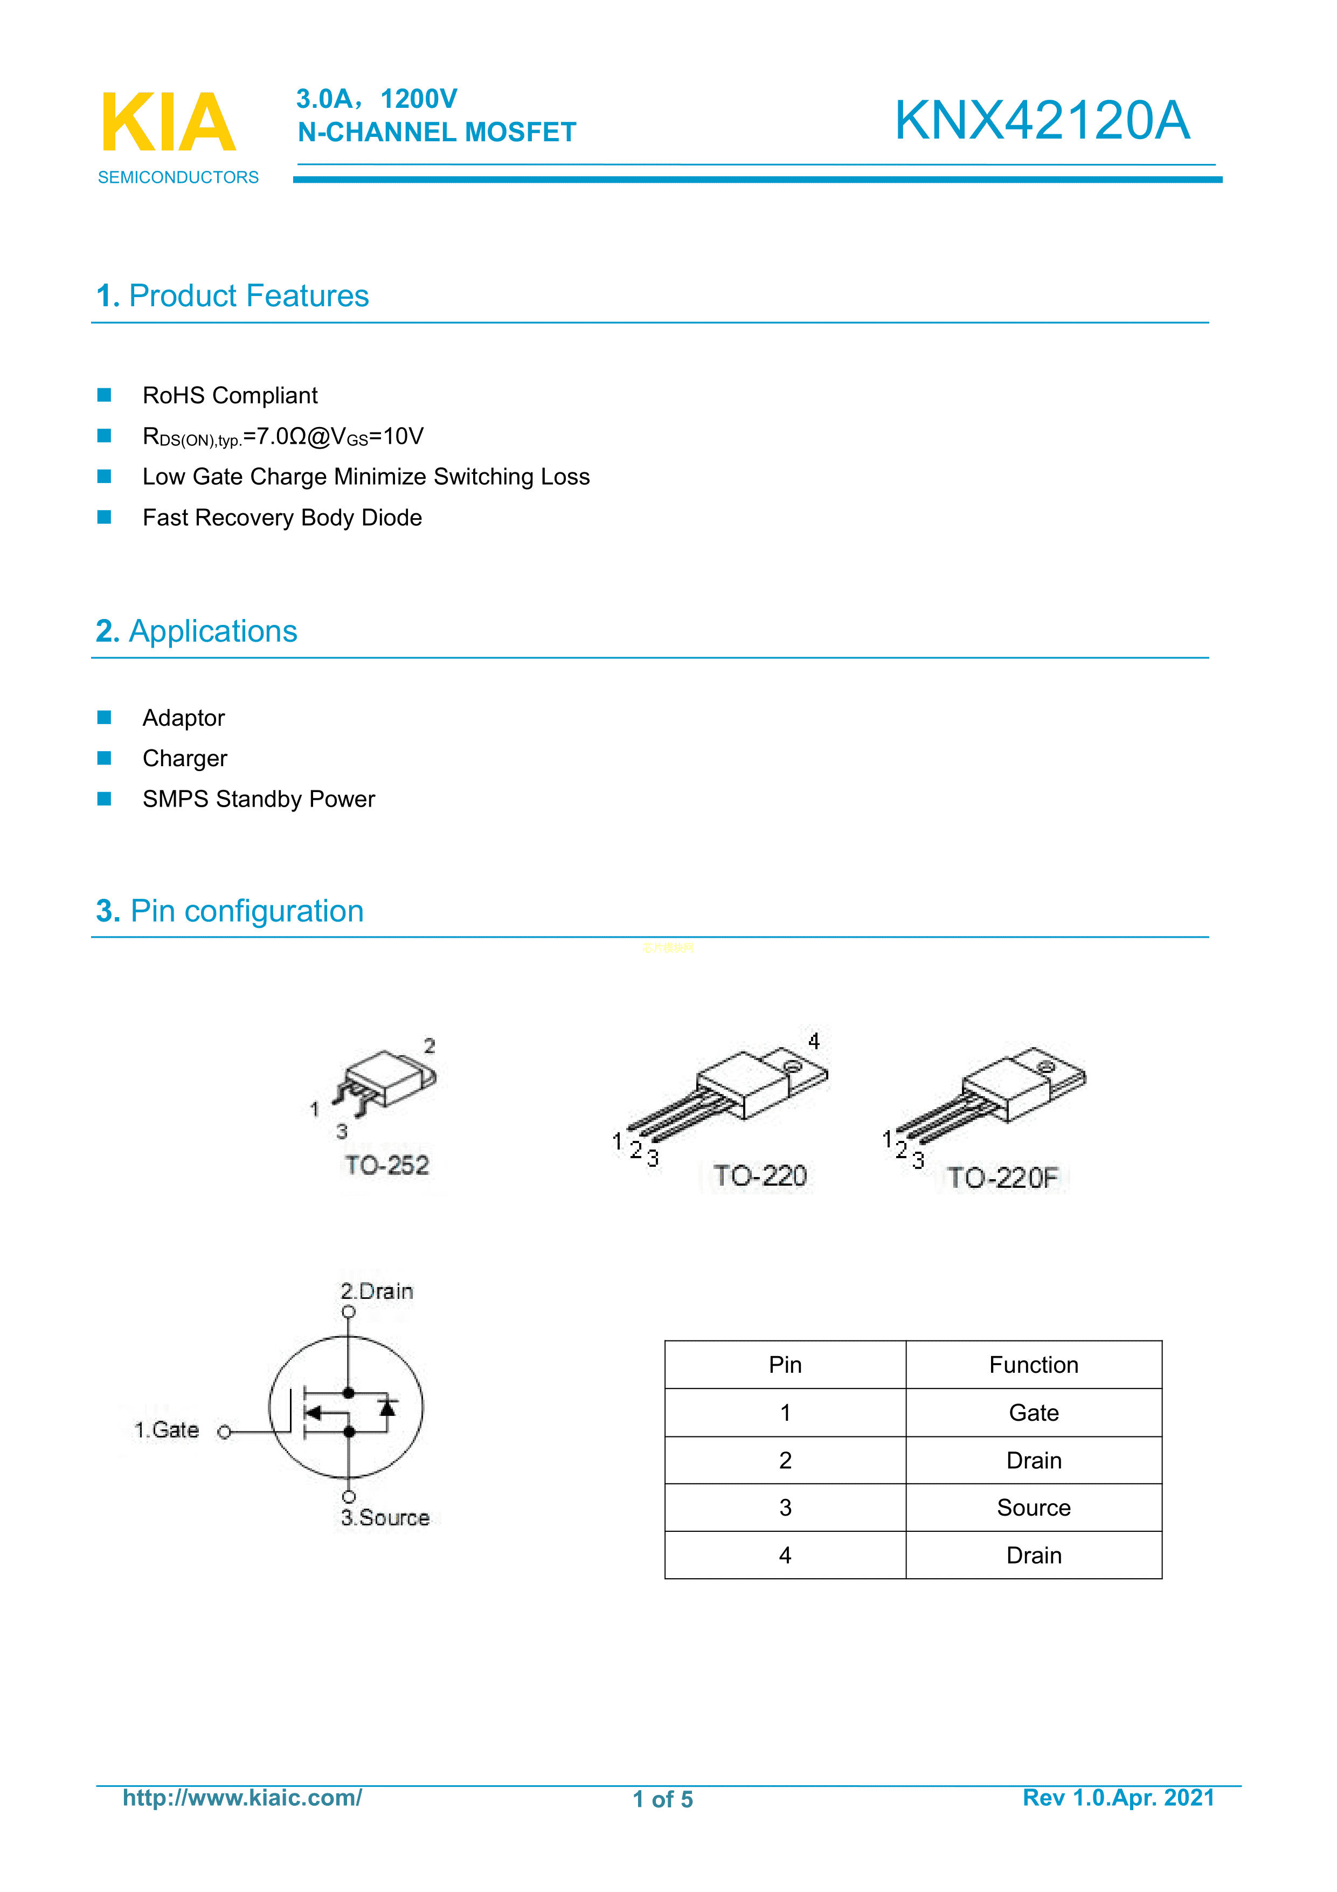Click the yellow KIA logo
168,123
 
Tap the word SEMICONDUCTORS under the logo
178,177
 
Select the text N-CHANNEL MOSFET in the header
437,132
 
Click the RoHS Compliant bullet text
230,396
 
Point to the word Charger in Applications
184,758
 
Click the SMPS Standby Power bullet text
259,799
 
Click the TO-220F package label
1002,1178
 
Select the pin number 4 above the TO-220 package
814,1041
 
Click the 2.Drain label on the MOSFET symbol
377,1291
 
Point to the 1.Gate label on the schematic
167,1430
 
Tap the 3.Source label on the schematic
385,1518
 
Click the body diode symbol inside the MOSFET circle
387,1407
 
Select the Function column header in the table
1033,1365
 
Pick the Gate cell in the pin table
1033,1413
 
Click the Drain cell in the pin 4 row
1033,1555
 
